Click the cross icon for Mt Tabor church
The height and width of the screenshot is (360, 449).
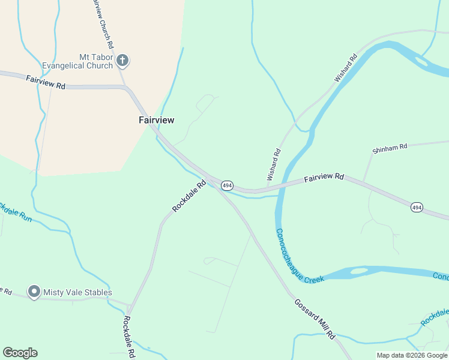pyautogui.click(x=122, y=60)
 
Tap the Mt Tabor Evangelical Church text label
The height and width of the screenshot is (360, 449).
pyautogui.click(x=78, y=61)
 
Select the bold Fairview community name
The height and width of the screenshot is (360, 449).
pyautogui.click(x=156, y=120)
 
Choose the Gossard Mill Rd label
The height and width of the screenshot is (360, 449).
pyautogui.click(x=314, y=319)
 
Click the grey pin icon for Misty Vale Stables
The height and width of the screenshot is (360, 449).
pyautogui.click(x=34, y=292)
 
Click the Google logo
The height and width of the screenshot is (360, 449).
pyautogui.click(x=20, y=353)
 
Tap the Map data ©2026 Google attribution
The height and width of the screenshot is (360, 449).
pyautogui.click(x=412, y=355)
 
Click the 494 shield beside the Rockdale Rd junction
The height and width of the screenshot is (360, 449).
pyautogui.click(x=227, y=185)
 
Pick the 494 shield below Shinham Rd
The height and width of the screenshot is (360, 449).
pyautogui.click(x=417, y=207)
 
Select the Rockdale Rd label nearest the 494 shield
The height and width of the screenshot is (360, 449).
pyautogui.click(x=189, y=196)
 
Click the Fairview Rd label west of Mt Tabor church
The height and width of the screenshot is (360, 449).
pyautogui.click(x=45, y=82)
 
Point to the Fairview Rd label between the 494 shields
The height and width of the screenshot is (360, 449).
pyautogui.click(x=324, y=178)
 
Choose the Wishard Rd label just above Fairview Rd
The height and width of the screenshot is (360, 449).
pyautogui.click(x=274, y=164)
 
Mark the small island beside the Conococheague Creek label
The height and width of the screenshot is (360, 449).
pyautogui.click(x=358, y=271)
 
